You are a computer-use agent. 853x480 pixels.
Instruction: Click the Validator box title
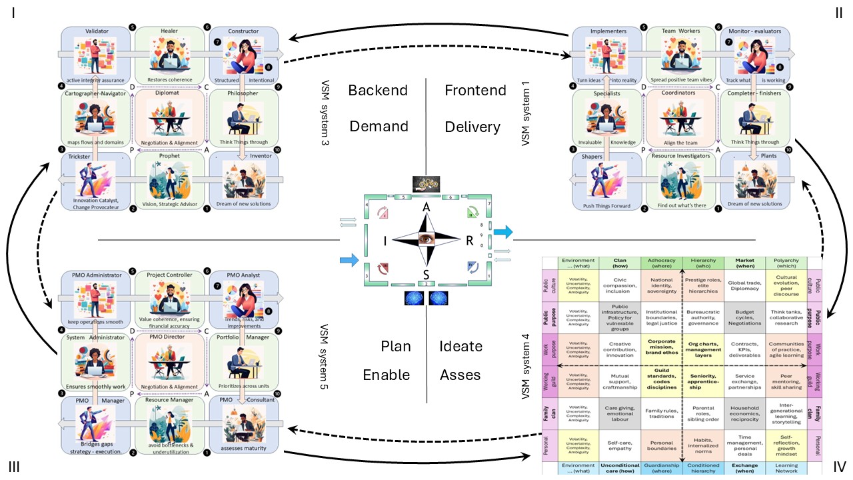pyautogui.click(x=97, y=31)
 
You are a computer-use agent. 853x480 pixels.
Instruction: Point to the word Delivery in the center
pyautogui.click(x=472, y=126)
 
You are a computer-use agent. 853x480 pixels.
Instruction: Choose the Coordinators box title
pyautogui.click(x=683, y=94)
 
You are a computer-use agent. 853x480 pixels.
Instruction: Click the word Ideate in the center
pyautogui.click(x=460, y=346)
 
